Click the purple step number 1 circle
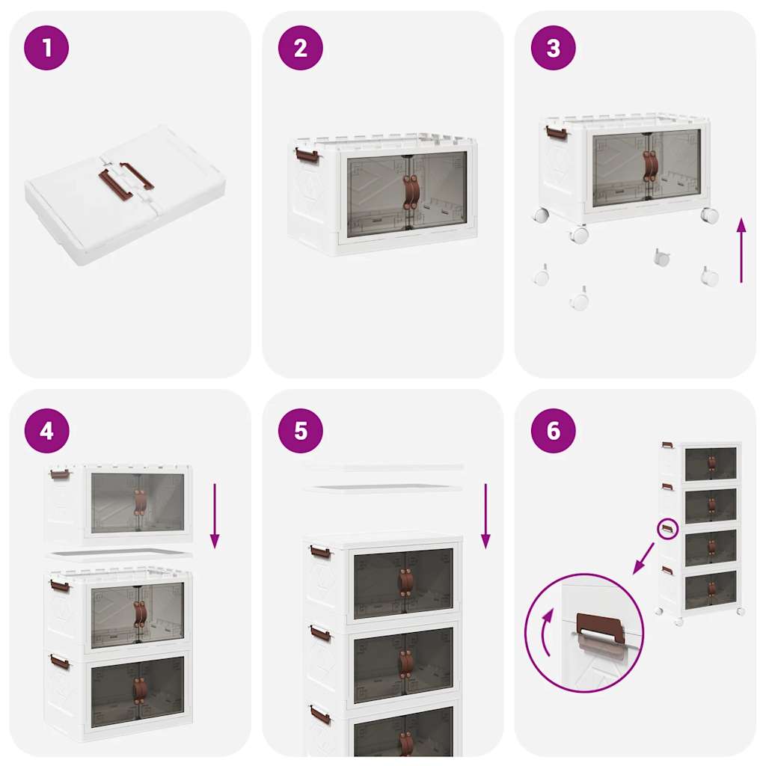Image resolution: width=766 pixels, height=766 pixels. (46, 48)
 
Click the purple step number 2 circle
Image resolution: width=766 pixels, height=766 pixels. (300, 48)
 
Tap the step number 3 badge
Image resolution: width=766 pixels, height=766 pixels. (553, 48)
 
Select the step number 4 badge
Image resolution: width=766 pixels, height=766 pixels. (46, 431)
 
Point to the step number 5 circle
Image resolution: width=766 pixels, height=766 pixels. (300, 431)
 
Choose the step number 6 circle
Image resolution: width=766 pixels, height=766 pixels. (553, 431)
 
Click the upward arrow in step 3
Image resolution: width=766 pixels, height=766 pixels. (741, 251)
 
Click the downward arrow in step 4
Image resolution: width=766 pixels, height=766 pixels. (215, 516)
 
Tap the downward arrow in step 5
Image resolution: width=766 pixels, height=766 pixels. (485, 516)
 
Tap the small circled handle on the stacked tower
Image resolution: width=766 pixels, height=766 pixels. (667, 529)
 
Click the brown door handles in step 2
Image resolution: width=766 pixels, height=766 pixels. (411, 191)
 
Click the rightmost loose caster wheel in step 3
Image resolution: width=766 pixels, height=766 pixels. (709, 276)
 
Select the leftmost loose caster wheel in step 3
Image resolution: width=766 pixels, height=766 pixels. (541, 277)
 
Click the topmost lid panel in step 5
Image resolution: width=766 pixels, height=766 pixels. (383, 467)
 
